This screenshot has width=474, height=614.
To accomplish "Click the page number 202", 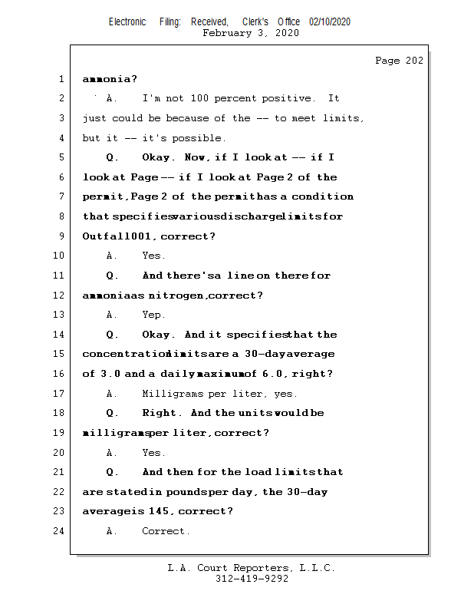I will point(413,61).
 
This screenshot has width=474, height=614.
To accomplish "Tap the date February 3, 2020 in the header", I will point(251,33).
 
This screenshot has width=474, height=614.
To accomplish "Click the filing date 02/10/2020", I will point(330,22).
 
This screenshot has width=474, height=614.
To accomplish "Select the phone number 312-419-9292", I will point(252,579).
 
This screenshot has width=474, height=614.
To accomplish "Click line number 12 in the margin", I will point(59,295).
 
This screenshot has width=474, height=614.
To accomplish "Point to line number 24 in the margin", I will point(59,531).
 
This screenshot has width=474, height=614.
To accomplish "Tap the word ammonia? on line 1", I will point(110,79).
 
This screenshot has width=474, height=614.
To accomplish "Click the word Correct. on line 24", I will point(166,531).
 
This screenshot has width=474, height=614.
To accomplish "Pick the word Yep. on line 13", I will point(153,315).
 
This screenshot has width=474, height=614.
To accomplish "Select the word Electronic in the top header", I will point(127,22).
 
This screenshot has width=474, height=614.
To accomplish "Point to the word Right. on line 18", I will point(160,413).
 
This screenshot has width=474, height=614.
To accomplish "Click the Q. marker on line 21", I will point(112,472).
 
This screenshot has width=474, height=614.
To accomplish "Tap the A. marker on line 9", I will point(112,256).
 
